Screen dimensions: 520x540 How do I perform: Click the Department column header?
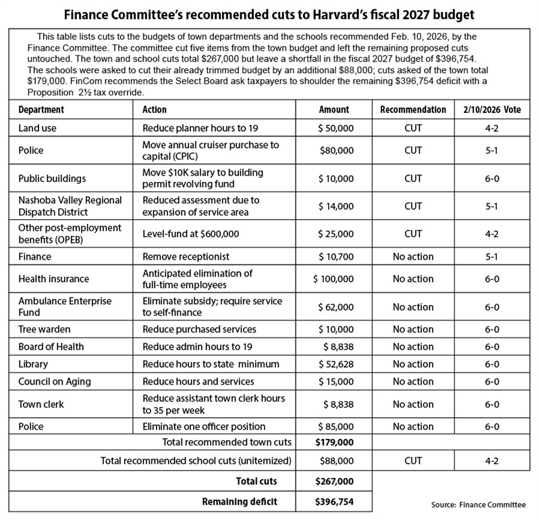coord(41,110)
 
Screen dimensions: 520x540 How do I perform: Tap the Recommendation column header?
coord(412,110)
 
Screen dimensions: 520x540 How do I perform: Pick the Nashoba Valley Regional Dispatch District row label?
coord(70,206)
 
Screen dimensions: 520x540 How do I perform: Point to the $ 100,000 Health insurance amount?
coord(334,279)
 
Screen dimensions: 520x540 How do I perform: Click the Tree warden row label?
coord(46,329)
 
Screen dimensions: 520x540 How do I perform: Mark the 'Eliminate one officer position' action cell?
coord(204,427)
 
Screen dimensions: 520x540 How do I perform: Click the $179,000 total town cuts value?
coord(334,444)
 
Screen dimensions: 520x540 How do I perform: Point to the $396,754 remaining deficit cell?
coord(334,502)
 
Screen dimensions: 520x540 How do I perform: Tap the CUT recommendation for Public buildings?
coord(412,179)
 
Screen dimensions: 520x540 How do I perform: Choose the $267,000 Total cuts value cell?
coord(334,481)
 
